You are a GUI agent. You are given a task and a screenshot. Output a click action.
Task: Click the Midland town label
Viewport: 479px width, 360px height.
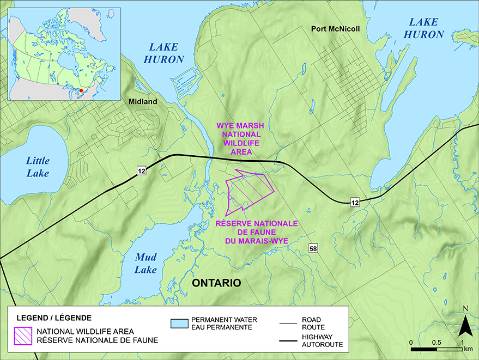pyautogui.click(x=143, y=102)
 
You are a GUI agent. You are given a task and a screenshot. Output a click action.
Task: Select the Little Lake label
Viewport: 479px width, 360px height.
pyautogui.click(x=38, y=167)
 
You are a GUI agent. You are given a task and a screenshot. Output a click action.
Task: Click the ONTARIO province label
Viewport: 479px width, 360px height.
pyautogui.click(x=216, y=283)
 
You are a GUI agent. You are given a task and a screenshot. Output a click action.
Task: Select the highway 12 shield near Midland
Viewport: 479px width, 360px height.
pyautogui.click(x=142, y=172)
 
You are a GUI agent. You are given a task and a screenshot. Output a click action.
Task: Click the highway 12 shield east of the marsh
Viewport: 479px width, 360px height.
pyautogui.click(x=355, y=203)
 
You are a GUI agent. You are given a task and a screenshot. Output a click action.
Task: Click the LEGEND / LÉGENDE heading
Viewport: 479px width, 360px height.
pyautogui.click(x=54, y=317)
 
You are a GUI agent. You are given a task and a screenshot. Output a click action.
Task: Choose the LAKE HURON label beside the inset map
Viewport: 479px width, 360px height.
pyautogui.click(x=163, y=52)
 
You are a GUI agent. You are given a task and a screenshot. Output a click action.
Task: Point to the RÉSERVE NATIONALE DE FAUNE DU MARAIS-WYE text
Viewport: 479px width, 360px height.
pyautogui.click(x=256, y=231)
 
